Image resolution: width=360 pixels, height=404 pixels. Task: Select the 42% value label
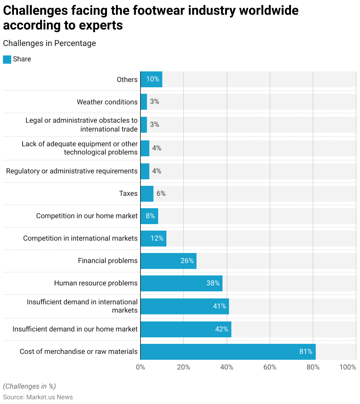point(222,329)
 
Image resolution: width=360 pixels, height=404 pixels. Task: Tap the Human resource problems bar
point(181,283)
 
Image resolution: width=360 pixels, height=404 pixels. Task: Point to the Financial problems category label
point(108,261)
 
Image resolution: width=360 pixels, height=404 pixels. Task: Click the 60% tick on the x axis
point(270,367)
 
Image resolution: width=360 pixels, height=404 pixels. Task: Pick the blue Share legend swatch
point(7,59)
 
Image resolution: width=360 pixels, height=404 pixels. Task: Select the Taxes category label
point(128,193)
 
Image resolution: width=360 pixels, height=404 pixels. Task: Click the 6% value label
point(161,193)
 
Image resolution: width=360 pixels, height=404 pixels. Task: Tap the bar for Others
point(151,79)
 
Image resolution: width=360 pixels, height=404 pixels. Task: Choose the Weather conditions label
point(107,102)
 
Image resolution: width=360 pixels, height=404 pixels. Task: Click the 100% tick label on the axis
point(348,367)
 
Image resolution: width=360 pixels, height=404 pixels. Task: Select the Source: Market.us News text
point(38,397)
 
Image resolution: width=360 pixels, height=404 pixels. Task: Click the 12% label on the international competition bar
point(157,238)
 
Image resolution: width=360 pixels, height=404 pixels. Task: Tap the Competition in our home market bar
point(149,216)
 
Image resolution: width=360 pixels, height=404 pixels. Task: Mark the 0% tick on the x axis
point(140,367)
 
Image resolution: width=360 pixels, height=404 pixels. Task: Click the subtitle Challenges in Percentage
point(49,43)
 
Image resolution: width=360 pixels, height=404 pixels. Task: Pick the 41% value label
point(220,306)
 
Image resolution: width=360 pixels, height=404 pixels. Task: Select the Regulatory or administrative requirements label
point(72,171)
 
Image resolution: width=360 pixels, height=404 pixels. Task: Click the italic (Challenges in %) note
point(29,386)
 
